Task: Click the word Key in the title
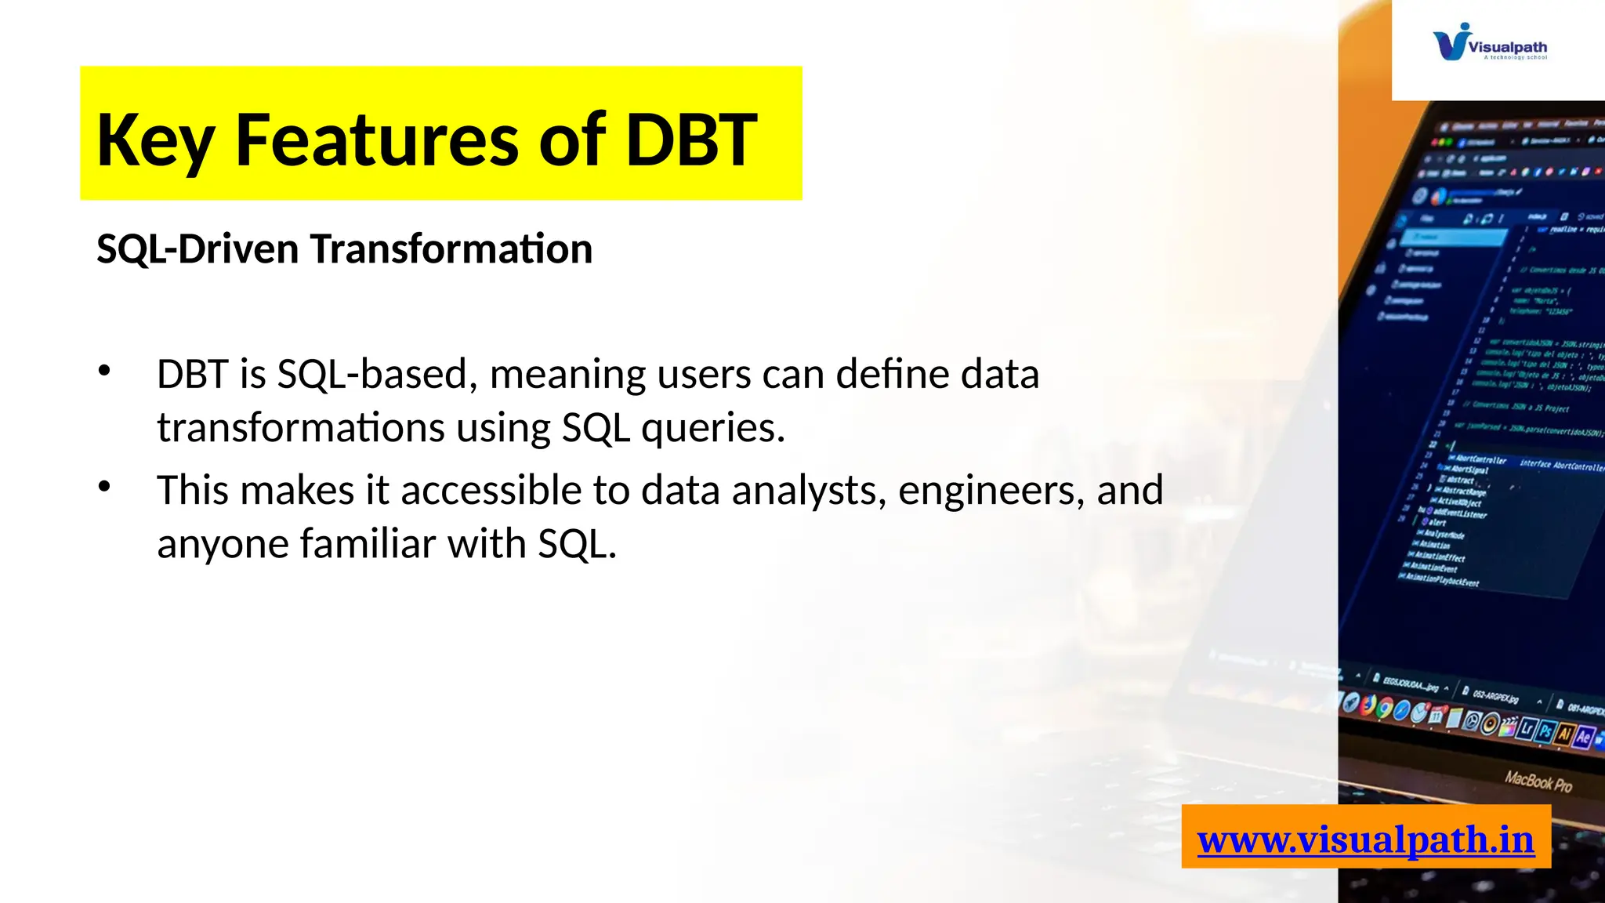click(x=155, y=141)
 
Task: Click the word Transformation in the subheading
click(x=451, y=249)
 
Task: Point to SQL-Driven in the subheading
click(x=197, y=249)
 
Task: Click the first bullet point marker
click(x=104, y=371)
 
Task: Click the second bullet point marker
click(x=104, y=487)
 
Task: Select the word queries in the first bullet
click(x=712, y=428)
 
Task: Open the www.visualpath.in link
click(x=1365, y=840)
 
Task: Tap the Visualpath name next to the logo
click(x=1507, y=47)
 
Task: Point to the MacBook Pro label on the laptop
click(x=1538, y=781)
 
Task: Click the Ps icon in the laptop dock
click(x=1545, y=732)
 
